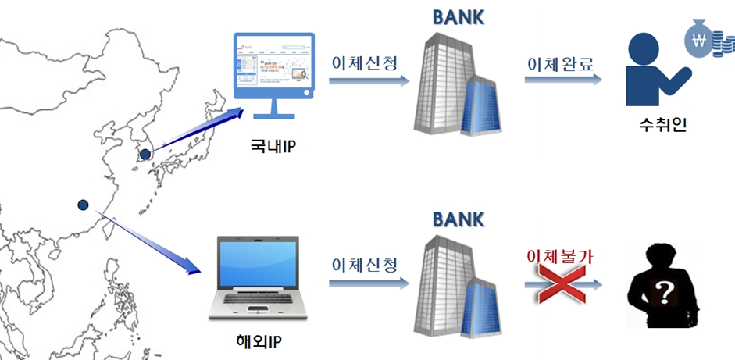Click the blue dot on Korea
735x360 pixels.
tap(145, 155)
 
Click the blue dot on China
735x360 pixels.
tap(83, 205)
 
